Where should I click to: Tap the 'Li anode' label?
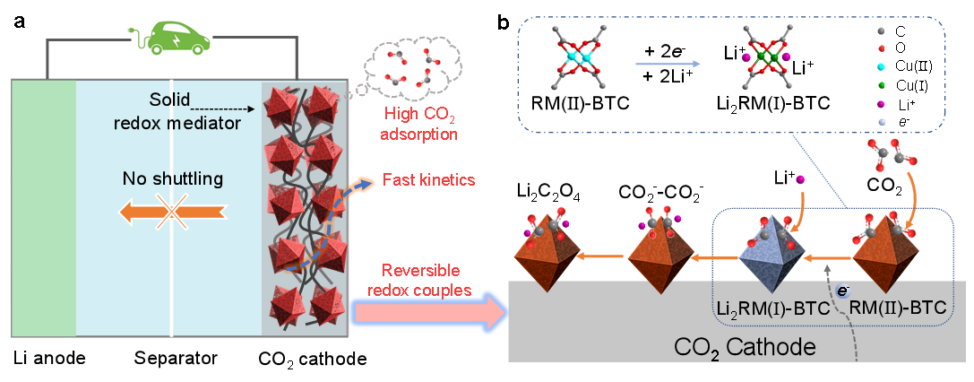click(x=48, y=358)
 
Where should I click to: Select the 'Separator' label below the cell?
click(x=177, y=359)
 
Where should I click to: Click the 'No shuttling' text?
click(x=171, y=179)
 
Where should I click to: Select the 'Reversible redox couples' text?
click(x=420, y=281)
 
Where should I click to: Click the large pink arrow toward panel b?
click(x=429, y=310)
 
